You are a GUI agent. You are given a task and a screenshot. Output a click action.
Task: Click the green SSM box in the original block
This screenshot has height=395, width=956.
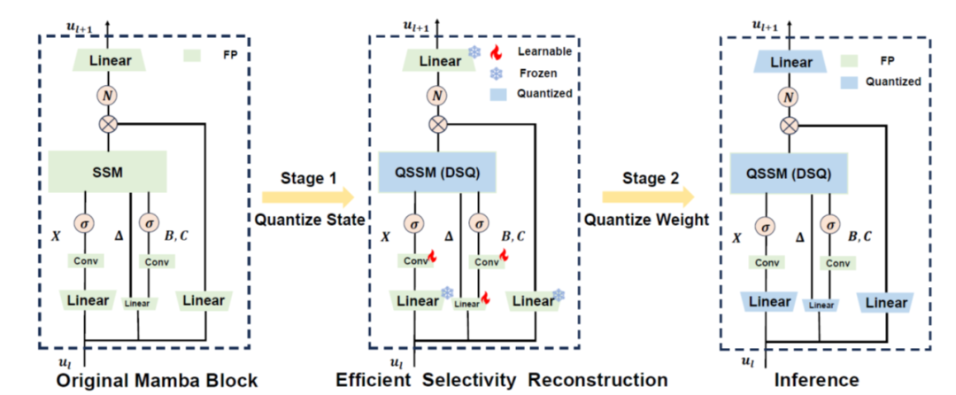coord(107,167)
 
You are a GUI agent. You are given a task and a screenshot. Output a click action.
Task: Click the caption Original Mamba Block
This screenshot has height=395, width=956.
coord(158,380)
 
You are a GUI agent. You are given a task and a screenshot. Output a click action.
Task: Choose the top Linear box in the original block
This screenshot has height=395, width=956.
coord(107,60)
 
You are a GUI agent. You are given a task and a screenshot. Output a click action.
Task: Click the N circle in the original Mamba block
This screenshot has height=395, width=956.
coord(107,95)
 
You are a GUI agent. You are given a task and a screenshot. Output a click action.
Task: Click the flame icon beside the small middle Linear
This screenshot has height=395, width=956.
coord(485,298)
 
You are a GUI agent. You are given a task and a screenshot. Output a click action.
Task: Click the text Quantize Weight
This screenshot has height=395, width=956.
coord(645,219)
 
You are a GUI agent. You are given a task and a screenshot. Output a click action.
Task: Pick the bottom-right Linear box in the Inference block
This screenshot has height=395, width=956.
coord(886,302)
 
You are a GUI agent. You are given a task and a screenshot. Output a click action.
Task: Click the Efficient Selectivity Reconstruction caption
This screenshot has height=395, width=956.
coord(501,380)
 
